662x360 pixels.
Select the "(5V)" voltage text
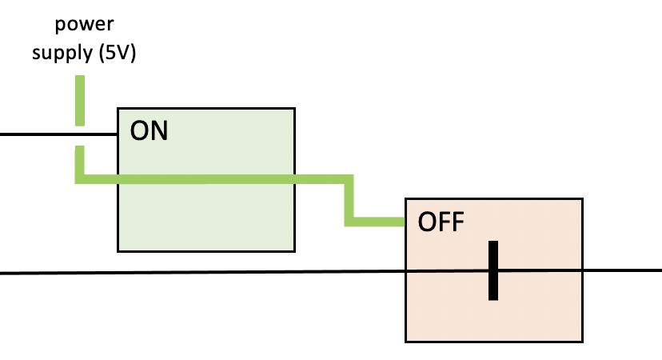click(x=118, y=54)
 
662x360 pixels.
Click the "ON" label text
click(x=149, y=131)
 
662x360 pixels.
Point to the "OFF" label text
click(x=441, y=222)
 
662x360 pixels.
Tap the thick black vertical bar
click(x=495, y=270)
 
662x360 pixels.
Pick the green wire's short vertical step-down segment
click(x=349, y=200)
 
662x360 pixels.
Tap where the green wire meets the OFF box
click(x=405, y=221)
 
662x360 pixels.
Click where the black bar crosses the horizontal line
click(x=495, y=272)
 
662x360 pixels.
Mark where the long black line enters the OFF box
click(x=406, y=273)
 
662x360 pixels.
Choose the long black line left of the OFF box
click(x=200, y=274)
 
